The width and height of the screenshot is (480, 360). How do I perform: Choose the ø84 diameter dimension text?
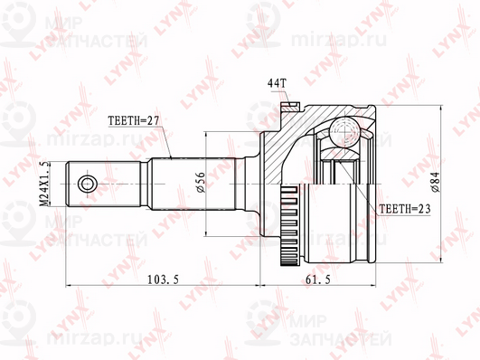coord(438,185)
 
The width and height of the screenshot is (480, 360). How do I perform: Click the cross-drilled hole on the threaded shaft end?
coord(87,185)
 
